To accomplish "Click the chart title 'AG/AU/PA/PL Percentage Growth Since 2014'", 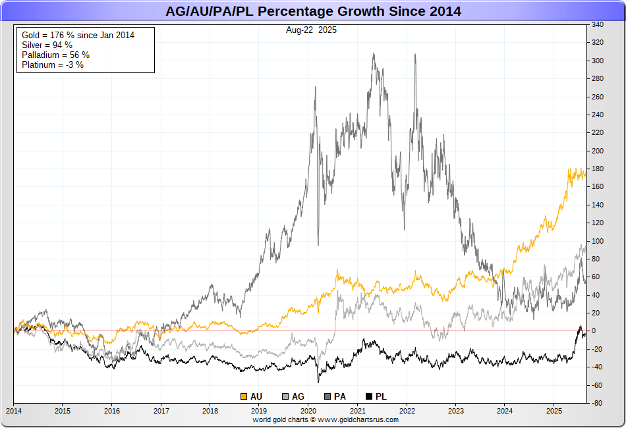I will tap(312, 11).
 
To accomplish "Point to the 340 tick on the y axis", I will tap(598, 25).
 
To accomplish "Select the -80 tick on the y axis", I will tap(597, 403).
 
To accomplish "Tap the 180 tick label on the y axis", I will tap(598, 169).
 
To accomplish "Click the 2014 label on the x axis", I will tap(14, 412).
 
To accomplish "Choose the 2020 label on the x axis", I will tap(308, 412).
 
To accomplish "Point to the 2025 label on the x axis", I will tap(554, 412).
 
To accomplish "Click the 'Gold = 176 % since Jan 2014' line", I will tap(78, 35).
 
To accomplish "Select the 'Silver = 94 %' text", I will tap(47, 45).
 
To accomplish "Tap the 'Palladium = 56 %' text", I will tap(55, 55).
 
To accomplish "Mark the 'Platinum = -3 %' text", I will tap(53, 65).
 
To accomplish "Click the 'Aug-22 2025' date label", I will tap(312, 30).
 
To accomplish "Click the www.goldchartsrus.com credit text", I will tap(363, 419).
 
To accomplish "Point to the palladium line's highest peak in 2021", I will tap(374, 54).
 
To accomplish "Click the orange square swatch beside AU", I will tap(244, 396).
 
